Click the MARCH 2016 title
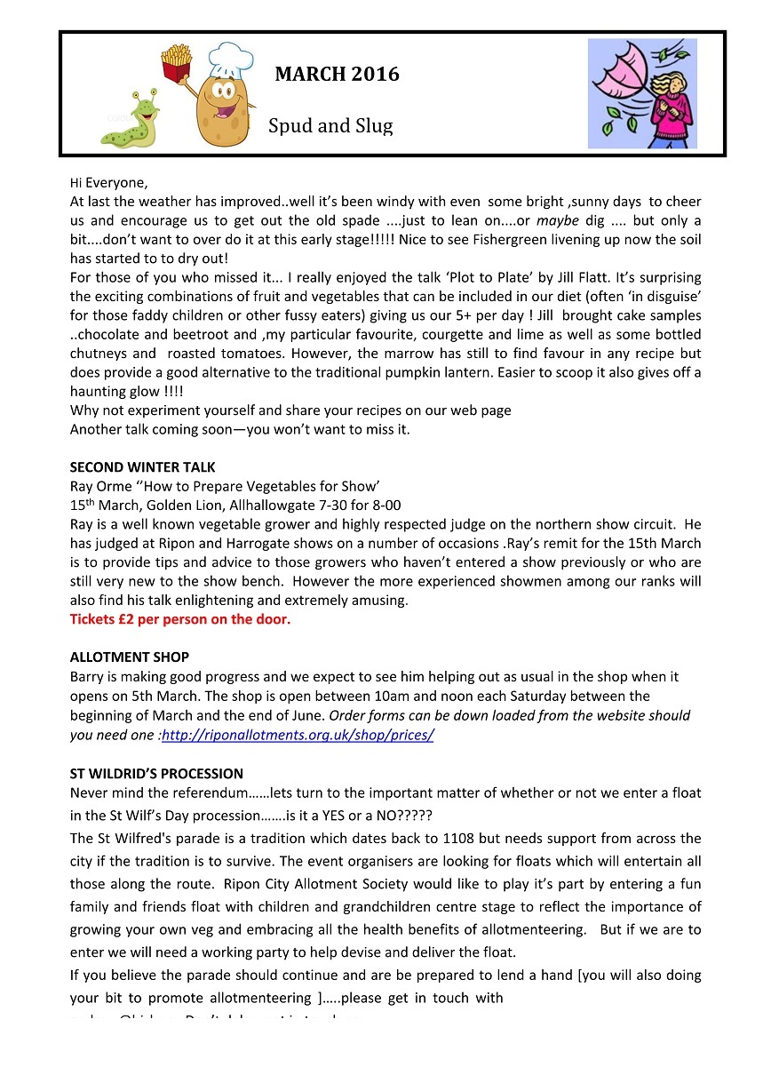pyautogui.click(x=337, y=75)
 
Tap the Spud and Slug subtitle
pyautogui.click(x=330, y=126)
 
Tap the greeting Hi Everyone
pyautogui.click(x=110, y=183)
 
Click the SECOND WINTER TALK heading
pyautogui.click(x=142, y=467)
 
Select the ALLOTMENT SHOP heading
pyautogui.click(x=129, y=657)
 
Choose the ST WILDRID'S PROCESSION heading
pyautogui.click(x=156, y=773)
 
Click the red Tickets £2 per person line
pyautogui.click(x=179, y=619)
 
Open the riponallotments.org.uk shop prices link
pyautogui.click(x=297, y=735)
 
